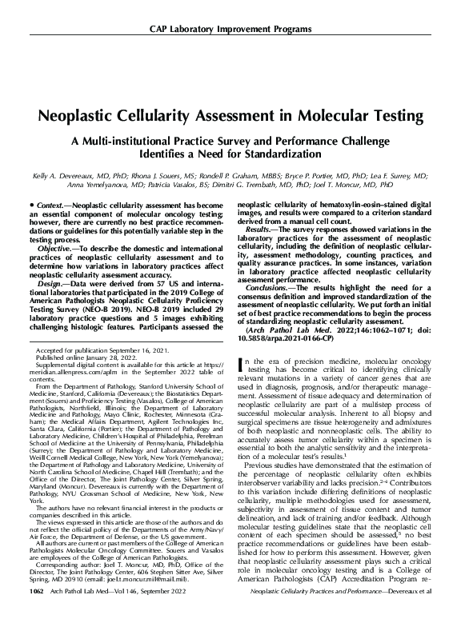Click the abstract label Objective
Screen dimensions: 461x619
point(55,248)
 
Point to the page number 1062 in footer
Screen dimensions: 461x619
point(34,612)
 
